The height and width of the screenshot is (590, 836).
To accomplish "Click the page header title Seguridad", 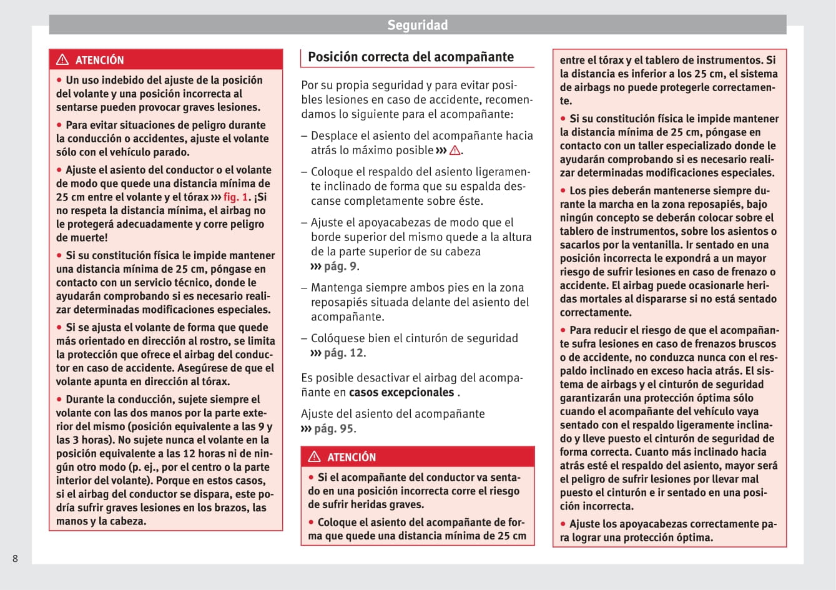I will tap(417, 25).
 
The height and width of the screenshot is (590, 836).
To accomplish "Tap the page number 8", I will tap(16, 558).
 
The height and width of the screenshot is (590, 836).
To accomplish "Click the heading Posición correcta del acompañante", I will tap(411, 57).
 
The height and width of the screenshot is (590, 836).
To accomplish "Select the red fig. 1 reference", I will tap(237, 197).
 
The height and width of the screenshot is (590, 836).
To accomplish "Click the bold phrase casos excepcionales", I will tap(401, 393).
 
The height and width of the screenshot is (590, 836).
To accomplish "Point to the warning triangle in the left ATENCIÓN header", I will tap(62, 60).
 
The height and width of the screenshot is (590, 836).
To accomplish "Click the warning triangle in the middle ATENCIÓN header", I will tap(314, 457).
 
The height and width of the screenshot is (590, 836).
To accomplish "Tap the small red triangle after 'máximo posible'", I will tap(455, 150).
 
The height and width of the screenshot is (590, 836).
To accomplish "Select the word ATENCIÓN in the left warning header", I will tap(99, 61).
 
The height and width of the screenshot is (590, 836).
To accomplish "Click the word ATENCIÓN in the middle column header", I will tap(352, 458).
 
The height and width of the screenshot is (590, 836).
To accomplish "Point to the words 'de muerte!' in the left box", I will tap(82, 238).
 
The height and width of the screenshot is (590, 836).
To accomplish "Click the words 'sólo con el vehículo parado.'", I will tap(122, 152).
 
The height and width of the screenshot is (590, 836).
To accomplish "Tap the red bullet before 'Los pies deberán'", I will tap(564, 190).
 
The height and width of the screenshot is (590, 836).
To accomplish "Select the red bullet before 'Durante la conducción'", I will tap(60, 399).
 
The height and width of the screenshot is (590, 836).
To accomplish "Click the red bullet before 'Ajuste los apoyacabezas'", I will tap(564, 524).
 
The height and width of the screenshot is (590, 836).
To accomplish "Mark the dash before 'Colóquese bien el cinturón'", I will tap(304, 338).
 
